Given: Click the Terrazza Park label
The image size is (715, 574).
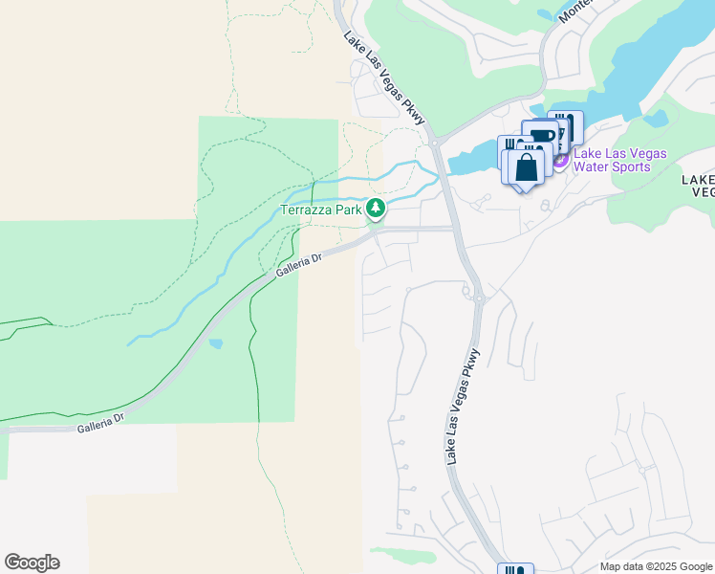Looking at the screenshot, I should (321, 209).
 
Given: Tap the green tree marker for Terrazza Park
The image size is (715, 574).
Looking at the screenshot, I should (377, 208).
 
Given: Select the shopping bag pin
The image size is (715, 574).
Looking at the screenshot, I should (526, 168).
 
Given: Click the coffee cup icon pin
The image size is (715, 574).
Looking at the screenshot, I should (541, 136).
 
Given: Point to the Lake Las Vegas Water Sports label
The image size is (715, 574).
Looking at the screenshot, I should (619, 160).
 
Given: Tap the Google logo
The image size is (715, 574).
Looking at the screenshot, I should (32, 563).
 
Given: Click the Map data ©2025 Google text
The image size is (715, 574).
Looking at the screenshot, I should (656, 566).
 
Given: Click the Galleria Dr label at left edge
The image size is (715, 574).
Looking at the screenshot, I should (101, 423).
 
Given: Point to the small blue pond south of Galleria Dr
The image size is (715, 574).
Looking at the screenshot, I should (216, 343).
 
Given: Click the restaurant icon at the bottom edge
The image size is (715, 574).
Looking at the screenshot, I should (514, 569).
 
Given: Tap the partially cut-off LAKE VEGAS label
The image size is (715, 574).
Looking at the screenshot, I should (699, 185).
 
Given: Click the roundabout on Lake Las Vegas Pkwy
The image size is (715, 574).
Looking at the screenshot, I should (475, 298).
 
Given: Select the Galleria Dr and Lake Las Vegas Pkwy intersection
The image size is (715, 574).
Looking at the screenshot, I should (452, 229).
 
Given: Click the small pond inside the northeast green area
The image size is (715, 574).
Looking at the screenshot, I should (656, 119).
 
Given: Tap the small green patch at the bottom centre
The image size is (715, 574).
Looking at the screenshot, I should (405, 555).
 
